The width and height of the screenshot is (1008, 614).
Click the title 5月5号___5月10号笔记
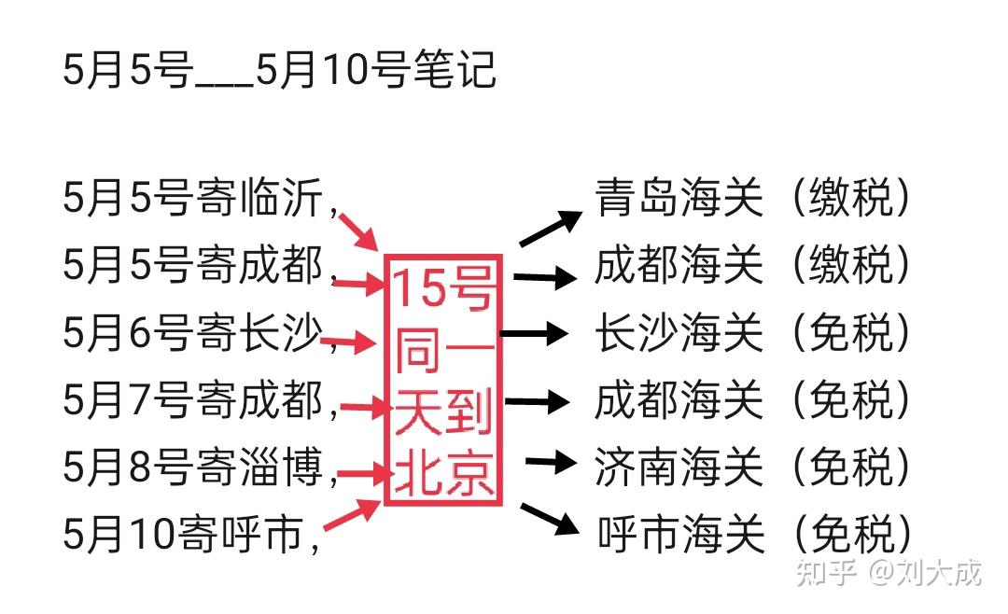(x=279, y=71)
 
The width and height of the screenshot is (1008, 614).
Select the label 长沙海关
(x=679, y=332)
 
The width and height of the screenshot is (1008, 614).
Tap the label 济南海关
(x=679, y=467)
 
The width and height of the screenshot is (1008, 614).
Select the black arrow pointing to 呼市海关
(x=550, y=519)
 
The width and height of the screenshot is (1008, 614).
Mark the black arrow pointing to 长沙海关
(x=534, y=332)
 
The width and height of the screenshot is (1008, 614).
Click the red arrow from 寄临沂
(x=359, y=230)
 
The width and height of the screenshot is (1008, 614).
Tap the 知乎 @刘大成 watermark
(x=888, y=571)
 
